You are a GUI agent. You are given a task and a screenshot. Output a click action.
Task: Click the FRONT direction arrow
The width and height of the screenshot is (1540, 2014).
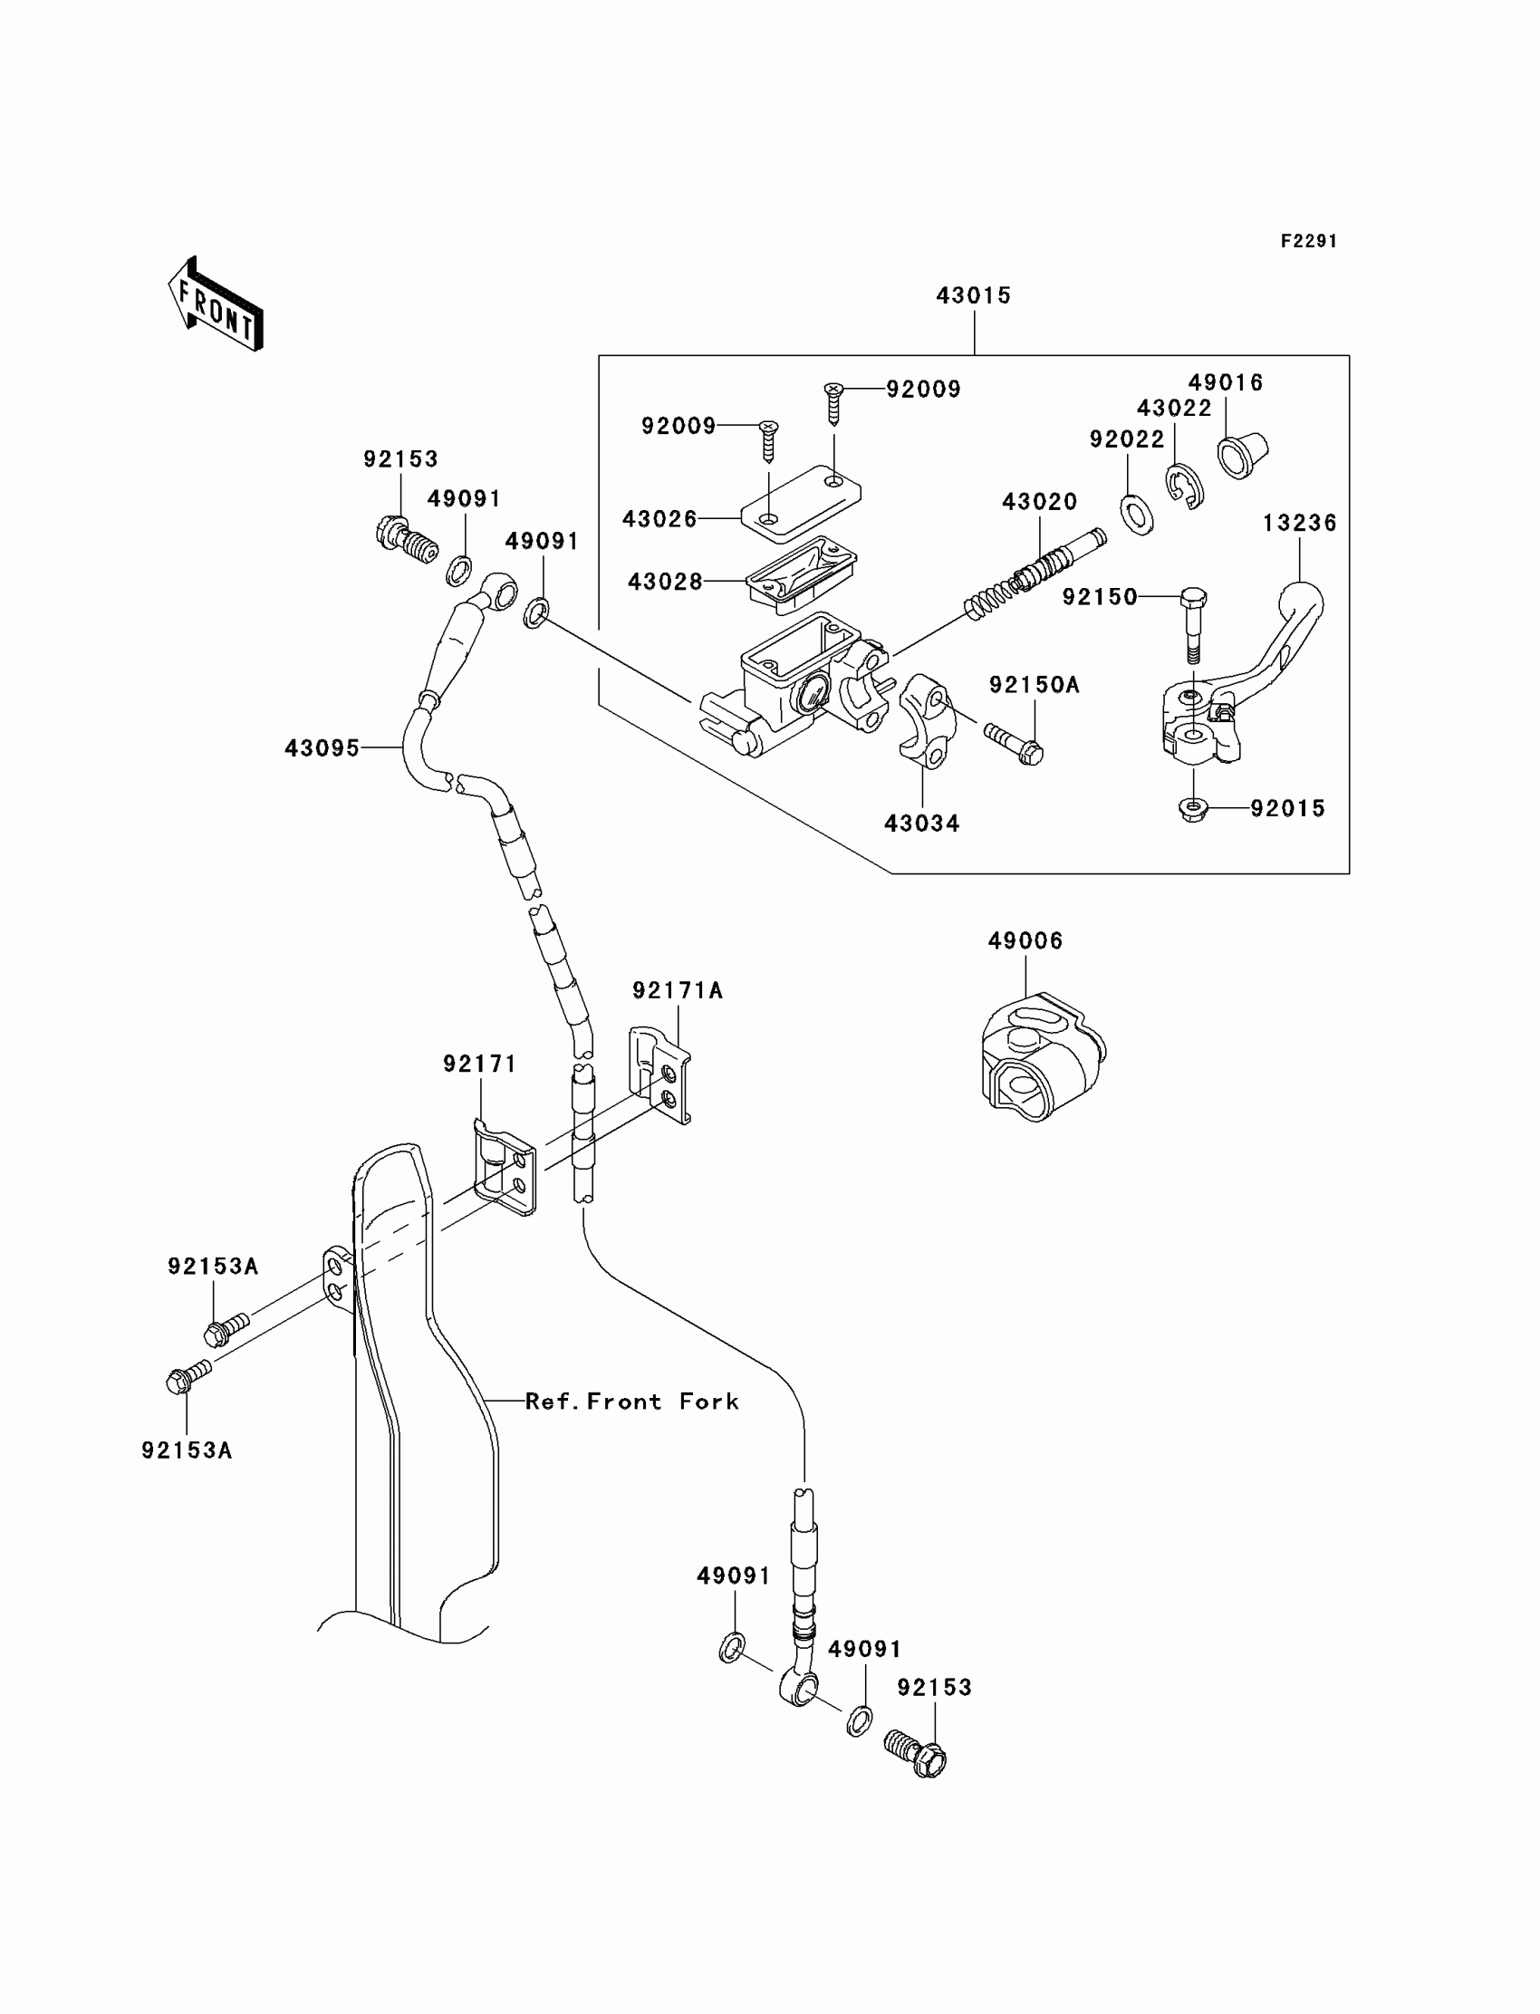pos(217,304)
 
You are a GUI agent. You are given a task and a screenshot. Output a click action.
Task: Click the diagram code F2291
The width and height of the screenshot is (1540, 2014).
pos(1309,241)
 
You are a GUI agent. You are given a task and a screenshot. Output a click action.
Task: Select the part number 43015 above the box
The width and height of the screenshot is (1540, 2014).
pos(974,295)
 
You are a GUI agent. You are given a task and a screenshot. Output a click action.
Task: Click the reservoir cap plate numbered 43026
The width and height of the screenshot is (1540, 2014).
pos(800,500)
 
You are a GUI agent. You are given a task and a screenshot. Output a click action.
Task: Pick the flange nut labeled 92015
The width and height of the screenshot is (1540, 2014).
pos(1192,809)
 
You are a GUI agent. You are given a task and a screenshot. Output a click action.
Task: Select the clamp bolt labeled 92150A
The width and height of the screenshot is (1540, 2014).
pos(1014,744)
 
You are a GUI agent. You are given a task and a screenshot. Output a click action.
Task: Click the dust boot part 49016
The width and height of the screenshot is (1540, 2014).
pos(1243,454)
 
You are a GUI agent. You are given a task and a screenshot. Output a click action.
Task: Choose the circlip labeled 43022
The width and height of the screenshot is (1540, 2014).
pos(1185,487)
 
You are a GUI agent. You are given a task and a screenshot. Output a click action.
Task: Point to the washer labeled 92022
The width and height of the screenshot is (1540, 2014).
pos(1137,515)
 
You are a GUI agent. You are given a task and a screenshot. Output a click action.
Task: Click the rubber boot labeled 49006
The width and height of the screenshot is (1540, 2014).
pos(1044,1056)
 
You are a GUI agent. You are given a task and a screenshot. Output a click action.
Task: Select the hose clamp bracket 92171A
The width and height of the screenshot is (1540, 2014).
pos(660,1074)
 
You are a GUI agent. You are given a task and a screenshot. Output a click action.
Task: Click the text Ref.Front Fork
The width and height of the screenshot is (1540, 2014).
pos(631,1402)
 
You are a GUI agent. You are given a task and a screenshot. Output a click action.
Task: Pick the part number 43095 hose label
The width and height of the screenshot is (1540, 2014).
pos(322,748)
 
